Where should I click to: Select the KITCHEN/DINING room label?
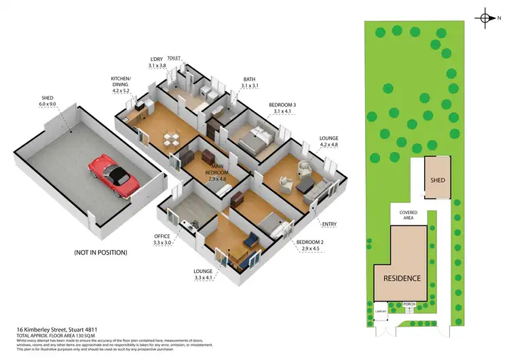[125, 84]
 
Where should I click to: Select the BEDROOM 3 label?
[282, 107]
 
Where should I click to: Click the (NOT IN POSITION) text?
[101, 252]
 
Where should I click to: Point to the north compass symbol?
[485, 18]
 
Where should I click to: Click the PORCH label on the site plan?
[409, 304]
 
